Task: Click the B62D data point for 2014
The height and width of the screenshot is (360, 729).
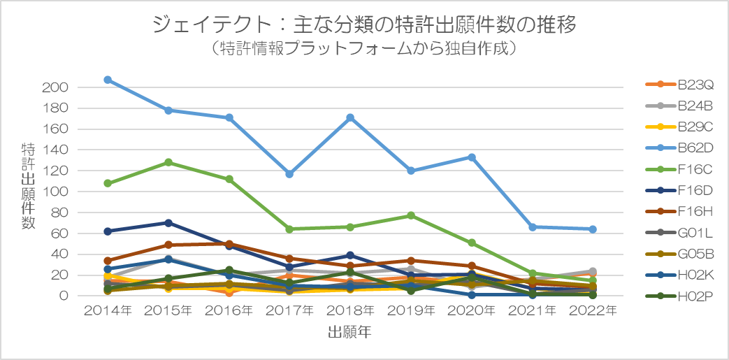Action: point(108,80)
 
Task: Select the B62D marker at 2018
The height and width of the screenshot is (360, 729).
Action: point(350,117)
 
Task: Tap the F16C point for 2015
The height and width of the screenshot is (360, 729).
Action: point(168,162)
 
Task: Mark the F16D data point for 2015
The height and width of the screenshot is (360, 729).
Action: point(168,223)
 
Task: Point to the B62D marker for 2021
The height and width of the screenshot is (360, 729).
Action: point(533,227)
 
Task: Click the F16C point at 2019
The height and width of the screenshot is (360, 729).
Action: point(411,215)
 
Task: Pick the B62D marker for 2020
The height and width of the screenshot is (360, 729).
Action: point(472,157)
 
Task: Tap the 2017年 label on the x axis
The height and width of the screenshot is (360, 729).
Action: point(290,310)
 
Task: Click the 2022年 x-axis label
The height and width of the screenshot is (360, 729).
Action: point(593,310)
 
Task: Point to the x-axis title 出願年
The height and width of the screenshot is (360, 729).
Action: point(349,333)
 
